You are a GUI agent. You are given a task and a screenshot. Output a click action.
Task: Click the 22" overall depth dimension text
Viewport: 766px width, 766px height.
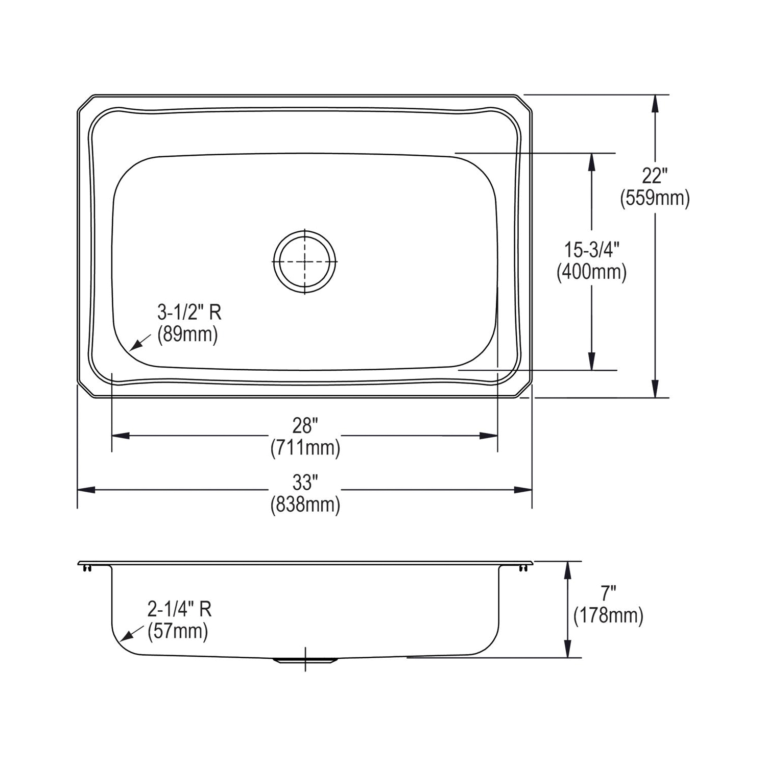click(x=655, y=176)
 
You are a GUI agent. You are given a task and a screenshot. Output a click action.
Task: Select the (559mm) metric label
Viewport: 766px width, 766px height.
click(x=655, y=198)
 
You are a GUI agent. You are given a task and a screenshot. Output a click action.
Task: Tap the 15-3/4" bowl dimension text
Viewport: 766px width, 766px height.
click(x=591, y=250)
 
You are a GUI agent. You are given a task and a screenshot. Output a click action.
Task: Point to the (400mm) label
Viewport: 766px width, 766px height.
click(x=591, y=272)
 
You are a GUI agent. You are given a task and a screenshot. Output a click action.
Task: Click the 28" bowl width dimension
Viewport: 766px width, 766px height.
click(x=305, y=425)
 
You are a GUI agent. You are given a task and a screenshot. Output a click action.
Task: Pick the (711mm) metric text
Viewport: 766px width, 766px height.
click(x=305, y=448)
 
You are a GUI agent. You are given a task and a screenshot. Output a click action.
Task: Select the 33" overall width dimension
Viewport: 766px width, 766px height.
click(x=305, y=482)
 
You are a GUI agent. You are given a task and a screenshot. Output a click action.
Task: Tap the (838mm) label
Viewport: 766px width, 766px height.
click(x=305, y=505)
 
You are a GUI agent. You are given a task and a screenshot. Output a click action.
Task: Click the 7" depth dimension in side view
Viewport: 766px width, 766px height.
click(x=608, y=593)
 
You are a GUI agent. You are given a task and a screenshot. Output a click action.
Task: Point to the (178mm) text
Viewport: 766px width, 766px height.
click(x=608, y=615)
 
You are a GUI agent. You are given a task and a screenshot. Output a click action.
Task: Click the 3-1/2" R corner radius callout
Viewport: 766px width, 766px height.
click(x=189, y=312)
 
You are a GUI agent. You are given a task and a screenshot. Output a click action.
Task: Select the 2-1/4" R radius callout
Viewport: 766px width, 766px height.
click(x=179, y=609)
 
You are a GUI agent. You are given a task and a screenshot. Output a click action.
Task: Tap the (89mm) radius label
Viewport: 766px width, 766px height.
click(x=187, y=334)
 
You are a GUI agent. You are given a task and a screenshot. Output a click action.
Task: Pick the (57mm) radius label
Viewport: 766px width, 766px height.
click(x=178, y=632)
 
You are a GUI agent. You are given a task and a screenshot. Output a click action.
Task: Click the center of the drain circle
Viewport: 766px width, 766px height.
click(x=305, y=261)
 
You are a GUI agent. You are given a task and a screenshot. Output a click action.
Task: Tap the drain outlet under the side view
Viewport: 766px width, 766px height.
click(x=305, y=660)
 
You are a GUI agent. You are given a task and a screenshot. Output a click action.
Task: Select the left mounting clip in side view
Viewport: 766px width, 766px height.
click(x=87, y=567)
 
